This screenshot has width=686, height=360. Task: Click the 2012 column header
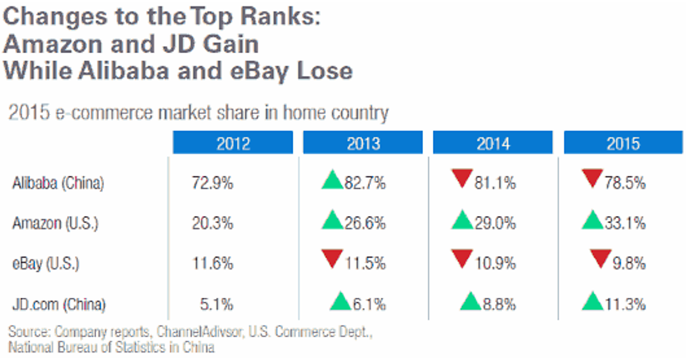[x=233, y=143]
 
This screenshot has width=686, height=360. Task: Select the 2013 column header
[x=363, y=143]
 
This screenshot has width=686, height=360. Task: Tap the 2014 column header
[x=493, y=143]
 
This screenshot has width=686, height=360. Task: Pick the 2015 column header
[x=624, y=143]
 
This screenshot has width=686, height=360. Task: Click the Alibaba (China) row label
[x=58, y=183]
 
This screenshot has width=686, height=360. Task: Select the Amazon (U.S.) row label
[x=55, y=223]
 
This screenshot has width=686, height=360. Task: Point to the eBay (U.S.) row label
[x=46, y=263]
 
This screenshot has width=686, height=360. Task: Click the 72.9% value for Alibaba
[x=212, y=183]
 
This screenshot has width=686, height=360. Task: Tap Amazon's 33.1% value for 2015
[x=625, y=223]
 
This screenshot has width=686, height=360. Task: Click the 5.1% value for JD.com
[x=216, y=304]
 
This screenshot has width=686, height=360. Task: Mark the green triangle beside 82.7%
[x=332, y=181]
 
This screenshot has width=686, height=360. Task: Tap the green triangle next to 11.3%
[x=593, y=301]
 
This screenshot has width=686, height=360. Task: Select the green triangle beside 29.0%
[x=462, y=221]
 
